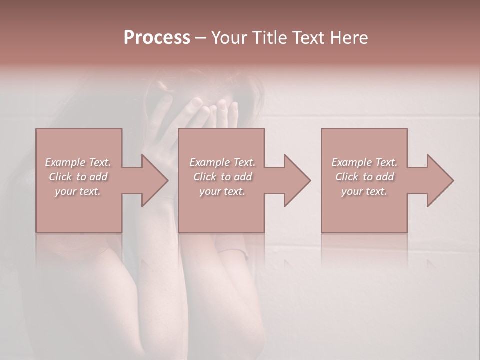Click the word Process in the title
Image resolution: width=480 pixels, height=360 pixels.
pyautogui.click(x=157, y=38)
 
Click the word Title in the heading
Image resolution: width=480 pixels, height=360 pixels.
pyautogui.click(x=268, y=38)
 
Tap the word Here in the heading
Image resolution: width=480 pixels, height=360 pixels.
pyautogui.click(x=349, y=38)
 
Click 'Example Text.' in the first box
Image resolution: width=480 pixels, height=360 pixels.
pyautogui.click(x=78, y=162)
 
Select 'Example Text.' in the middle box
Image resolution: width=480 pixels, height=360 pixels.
pyautogui.click(x=222, y=162)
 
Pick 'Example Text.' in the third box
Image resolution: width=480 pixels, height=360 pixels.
pyautogui.click(x=364, y=162)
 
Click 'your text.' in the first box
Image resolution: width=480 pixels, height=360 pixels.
pyautogui.click(x=78, y=191)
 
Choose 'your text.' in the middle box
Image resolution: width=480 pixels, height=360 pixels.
pyautogui.click(x=222, y=191)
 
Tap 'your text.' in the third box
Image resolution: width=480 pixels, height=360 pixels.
pyautogui.click(x=364, y=191)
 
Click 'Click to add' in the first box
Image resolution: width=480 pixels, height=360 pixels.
pyautogui.click(x=78, y=177)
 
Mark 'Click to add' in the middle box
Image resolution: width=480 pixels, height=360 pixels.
pyautogui.click(x=222, y=177)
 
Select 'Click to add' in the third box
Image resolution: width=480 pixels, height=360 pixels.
pyautogui.click(x=364, y=177)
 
